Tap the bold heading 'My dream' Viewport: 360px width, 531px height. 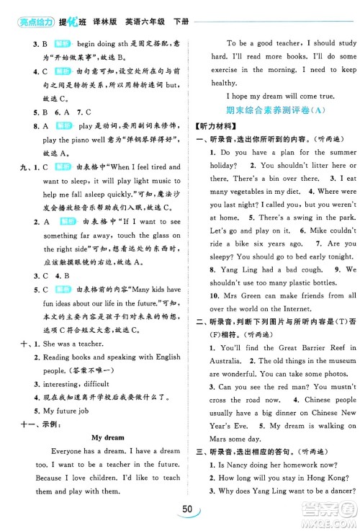107,437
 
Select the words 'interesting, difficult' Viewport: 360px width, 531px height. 78,383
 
